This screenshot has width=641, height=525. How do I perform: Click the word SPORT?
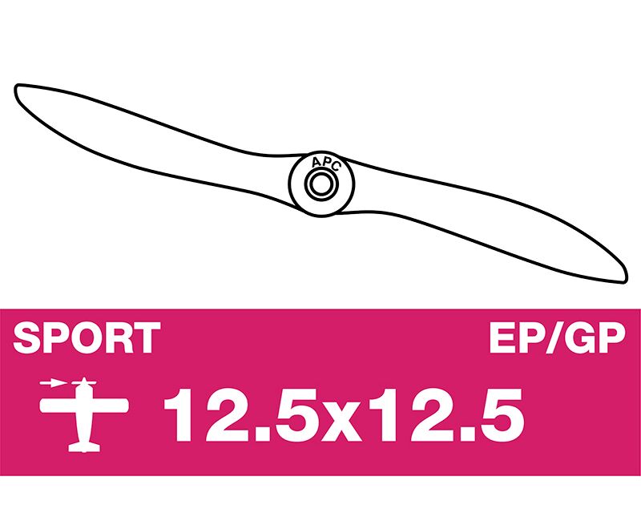87,337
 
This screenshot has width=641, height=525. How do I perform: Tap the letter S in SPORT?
28,337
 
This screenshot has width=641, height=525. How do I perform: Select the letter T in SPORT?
146,337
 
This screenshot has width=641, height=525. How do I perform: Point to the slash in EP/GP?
555,337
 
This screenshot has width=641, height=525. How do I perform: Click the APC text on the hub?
326,164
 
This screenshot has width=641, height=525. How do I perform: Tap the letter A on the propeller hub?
316,164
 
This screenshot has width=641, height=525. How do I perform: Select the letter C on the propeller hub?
335,167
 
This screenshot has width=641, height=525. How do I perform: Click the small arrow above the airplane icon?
53,383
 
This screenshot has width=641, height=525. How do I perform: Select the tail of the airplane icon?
84,446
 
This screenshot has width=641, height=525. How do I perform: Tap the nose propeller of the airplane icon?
84,383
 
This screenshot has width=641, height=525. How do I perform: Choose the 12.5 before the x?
241,415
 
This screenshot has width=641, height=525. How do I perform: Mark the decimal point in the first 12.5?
259,434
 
